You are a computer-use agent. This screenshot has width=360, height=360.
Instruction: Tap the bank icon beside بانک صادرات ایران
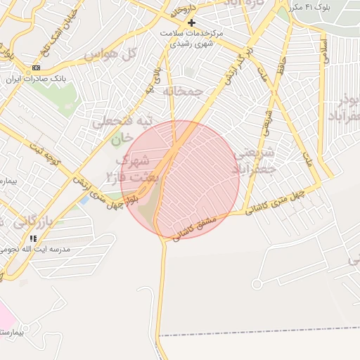pos(36,67)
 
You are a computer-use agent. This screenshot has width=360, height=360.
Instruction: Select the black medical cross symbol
pos(191,22)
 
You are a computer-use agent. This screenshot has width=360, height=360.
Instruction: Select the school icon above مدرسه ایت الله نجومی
pos(33,238)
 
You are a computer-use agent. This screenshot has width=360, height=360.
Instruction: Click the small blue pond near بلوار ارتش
pos(84,200)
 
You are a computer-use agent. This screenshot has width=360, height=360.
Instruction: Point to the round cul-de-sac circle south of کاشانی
pos(257,284)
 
